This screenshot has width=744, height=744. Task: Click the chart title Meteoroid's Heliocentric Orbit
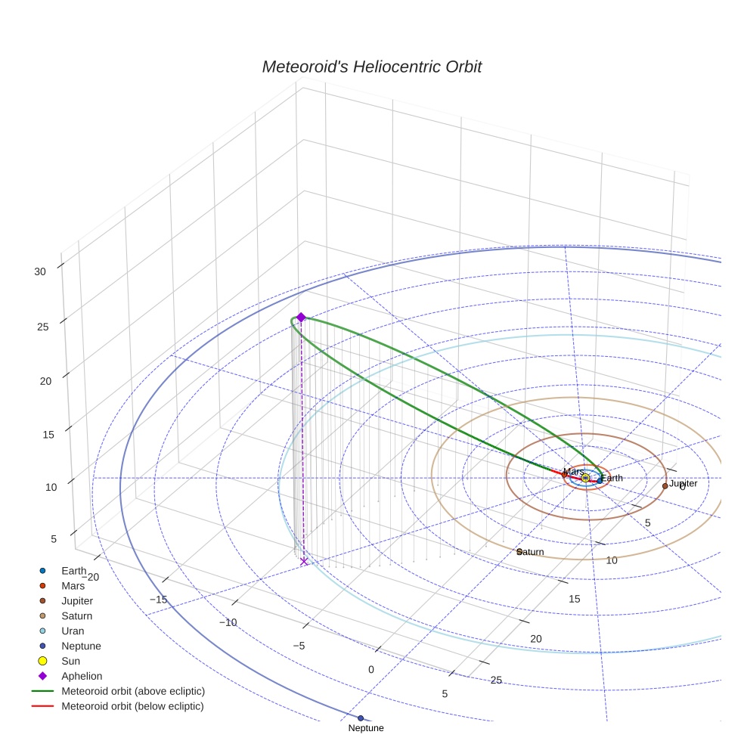371,67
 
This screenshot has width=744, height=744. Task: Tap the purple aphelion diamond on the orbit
300,318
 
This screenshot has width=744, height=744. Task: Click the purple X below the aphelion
304,561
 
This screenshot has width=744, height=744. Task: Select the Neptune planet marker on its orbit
361,718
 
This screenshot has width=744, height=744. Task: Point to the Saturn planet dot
519,551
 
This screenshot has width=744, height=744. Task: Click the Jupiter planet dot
665,485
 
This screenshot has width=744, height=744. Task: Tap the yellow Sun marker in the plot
585,478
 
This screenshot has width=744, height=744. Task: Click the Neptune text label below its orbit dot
366,728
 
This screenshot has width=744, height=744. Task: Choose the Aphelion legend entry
82,676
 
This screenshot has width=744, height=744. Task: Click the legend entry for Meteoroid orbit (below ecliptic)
132,706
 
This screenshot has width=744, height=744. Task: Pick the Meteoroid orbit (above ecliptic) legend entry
133,691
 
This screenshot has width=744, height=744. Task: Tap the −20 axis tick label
89,577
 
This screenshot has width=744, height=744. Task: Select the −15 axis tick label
158,600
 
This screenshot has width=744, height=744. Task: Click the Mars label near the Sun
573,472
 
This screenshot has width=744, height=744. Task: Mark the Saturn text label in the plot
532,552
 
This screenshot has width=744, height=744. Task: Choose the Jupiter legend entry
77,600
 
